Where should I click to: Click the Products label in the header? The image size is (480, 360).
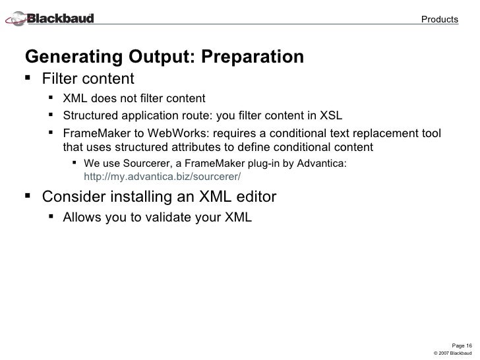point(440,19)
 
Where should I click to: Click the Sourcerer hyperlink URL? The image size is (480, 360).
point(163,177)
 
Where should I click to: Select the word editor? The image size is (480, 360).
point(254,196)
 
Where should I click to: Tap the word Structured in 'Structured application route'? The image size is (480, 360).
point(89,117)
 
